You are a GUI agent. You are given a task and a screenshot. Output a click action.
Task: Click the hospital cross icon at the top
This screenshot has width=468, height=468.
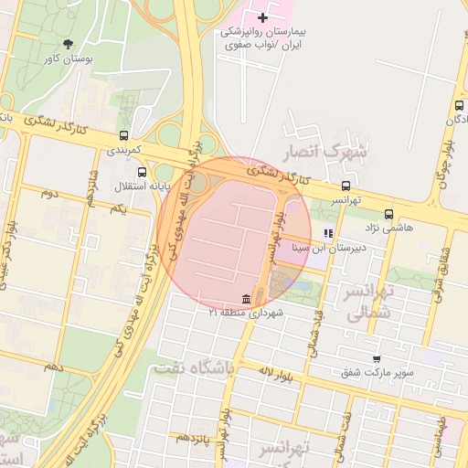(263, 17)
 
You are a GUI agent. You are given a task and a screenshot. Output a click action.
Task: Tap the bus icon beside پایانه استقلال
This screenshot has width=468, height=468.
(141, 172)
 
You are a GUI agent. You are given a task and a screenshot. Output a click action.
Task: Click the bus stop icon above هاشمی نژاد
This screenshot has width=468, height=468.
(388, 213)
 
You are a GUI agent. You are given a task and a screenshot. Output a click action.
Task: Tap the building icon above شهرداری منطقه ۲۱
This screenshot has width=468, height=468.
(245, 300)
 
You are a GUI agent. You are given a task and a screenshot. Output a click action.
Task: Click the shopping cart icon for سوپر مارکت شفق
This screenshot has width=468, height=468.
(376, 359)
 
